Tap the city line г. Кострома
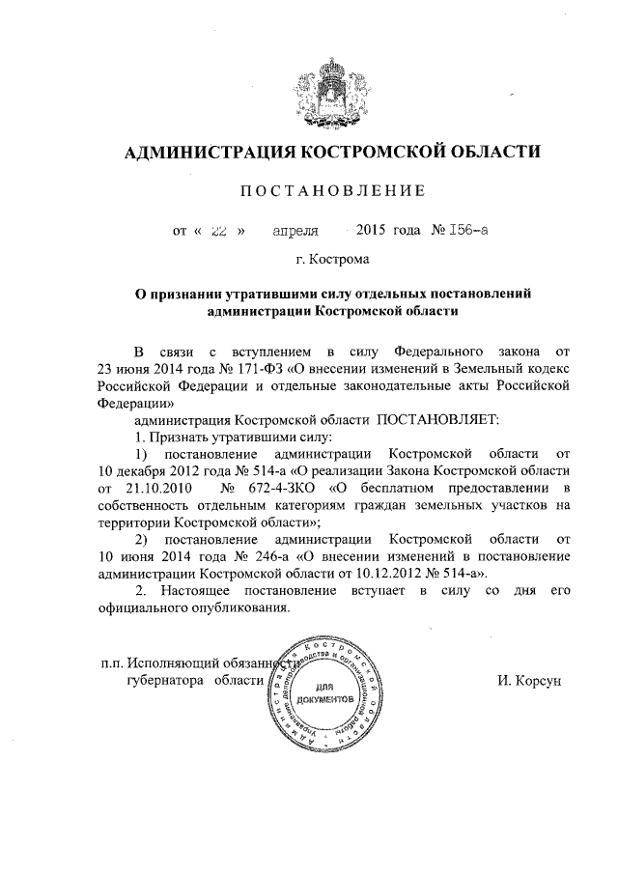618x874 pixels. point(331,259)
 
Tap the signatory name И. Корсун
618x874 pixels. point(528,681)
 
